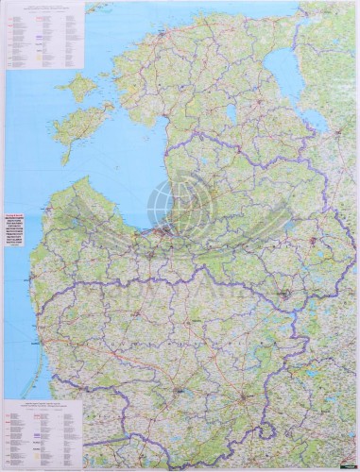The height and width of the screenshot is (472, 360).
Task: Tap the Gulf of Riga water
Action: [137, 184]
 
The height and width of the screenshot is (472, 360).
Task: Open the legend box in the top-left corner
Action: [43, 38]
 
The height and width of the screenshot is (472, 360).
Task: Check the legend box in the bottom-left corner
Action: [43, 430]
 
